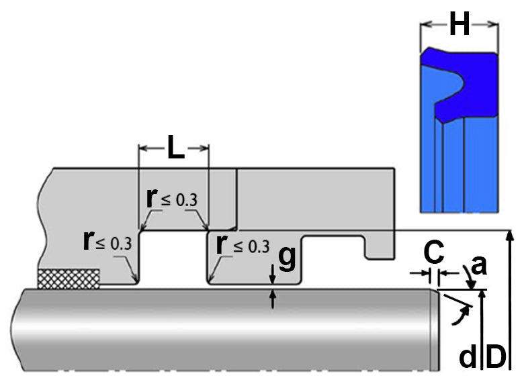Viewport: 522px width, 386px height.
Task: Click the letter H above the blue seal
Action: tap(460, 23)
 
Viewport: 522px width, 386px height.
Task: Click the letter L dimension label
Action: tap(176, 147)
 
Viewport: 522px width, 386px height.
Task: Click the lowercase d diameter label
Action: tap(468, 356)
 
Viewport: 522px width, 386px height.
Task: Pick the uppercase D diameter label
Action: tap(496, 356)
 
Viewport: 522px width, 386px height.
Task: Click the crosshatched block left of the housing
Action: tap(69, 279)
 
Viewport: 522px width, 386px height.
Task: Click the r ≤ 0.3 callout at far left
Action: tap(107, 241)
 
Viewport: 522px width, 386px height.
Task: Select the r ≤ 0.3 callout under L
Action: tap(172, 199)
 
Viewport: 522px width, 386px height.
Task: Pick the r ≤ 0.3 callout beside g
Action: tap(243, 245)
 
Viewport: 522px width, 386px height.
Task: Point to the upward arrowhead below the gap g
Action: tap(273, 295)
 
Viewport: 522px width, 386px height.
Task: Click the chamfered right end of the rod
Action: tap(435, 330)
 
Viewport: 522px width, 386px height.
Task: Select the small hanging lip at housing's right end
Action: tap(380, 248)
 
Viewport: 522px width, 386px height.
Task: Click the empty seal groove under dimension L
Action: tap(173, 258)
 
